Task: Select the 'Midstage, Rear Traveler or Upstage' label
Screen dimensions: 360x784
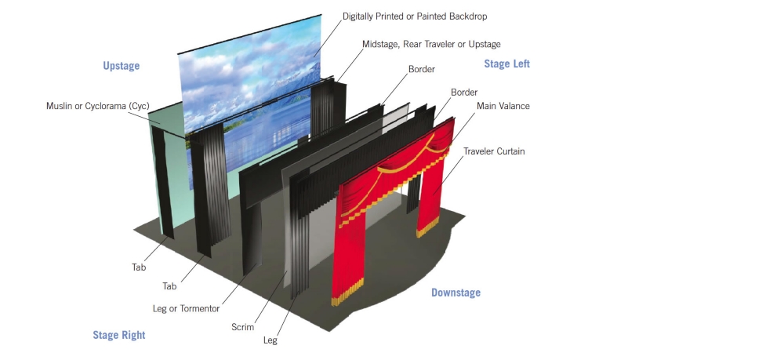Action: (431, 45)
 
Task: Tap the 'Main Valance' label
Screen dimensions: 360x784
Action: (503, 106)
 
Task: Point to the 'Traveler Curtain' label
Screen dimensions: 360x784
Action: (494, 151)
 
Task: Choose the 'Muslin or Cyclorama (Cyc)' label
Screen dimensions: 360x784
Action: (97, 106)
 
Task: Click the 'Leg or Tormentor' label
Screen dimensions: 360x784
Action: (186, 308)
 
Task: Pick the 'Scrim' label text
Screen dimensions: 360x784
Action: (243, 327)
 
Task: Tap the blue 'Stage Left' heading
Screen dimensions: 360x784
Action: (506, 64)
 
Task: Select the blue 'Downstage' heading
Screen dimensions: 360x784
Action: (456, 293)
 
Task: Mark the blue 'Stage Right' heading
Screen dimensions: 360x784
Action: (119, 335)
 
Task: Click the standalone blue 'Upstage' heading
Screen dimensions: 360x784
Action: (121, 66)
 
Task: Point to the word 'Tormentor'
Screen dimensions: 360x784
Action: (199, 308)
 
